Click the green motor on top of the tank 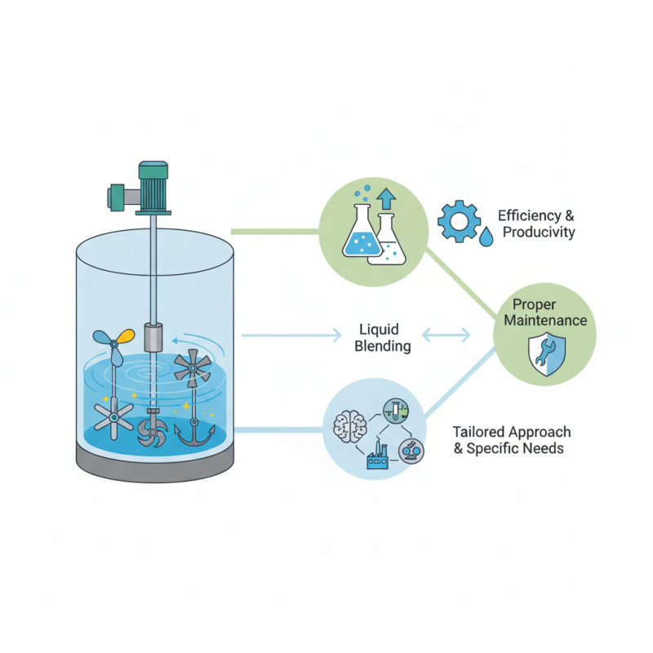(x=152, y=188)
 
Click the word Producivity (x=539, y=233)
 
